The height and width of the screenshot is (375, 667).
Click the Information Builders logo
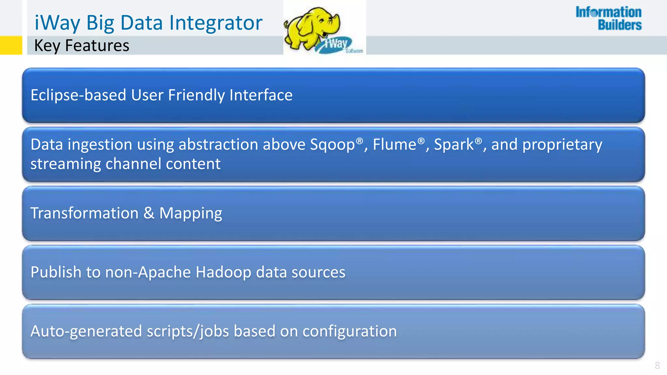point(608,19)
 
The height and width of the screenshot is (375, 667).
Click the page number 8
point(657,365)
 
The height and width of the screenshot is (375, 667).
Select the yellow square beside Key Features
point(11,45)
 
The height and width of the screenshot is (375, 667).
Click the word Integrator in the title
point(216,23)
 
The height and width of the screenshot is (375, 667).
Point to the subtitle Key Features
point(81,45)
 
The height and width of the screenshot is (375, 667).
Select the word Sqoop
point(332,145)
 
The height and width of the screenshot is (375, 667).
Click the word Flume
point(394,144)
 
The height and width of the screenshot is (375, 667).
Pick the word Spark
point(454,144)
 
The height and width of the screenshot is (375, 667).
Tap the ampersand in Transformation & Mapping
point(149,213)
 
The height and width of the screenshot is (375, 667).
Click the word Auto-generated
point(86,332)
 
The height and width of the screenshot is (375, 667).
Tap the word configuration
point(349,332)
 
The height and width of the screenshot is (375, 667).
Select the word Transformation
point(84,213)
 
